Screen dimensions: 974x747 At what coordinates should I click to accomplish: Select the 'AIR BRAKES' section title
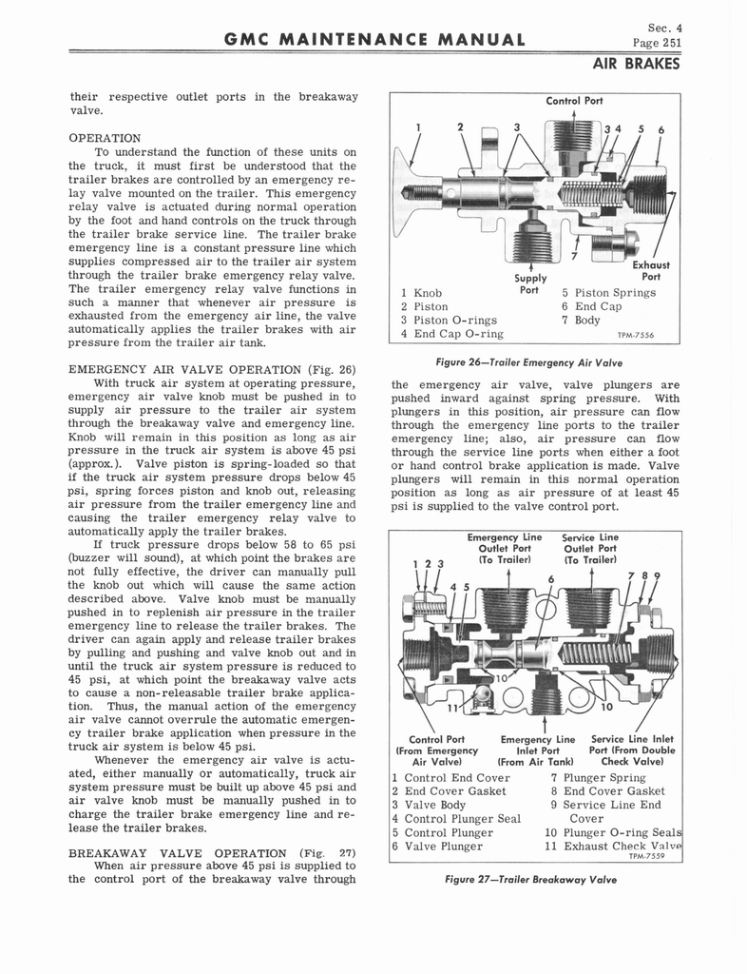[x=636, y=65]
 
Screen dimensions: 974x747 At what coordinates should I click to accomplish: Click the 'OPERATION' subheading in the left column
[x=105, y=138]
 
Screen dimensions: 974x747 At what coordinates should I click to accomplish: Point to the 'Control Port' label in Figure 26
[x=574, y=100]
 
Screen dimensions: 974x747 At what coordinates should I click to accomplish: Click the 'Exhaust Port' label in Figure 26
[x=651, y=271]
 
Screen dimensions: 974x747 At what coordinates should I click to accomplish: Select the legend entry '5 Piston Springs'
[x=608, y=292]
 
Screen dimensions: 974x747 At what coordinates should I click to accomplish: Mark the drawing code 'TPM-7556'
[x=635, y=335]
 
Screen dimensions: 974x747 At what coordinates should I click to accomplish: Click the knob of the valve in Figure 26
[x=410, y=191]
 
